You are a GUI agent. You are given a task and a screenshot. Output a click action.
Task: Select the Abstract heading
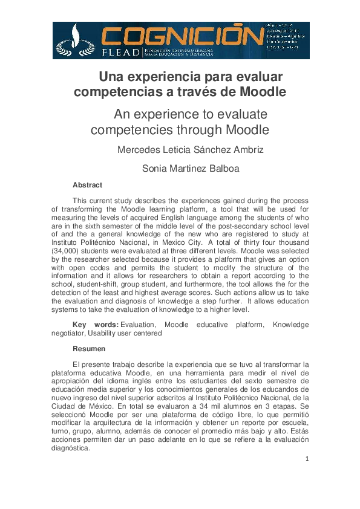point(87,185)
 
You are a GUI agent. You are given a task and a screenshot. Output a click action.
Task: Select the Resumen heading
point(89,349)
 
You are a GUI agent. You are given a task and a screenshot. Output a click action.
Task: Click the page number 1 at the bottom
point(307,459)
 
